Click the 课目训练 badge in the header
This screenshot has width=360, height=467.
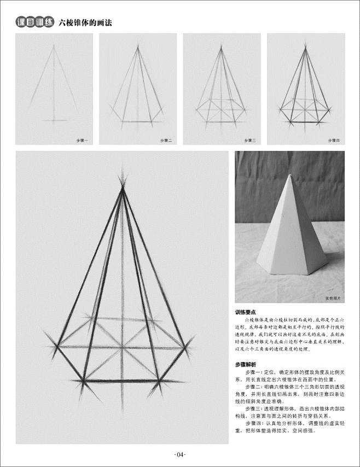[35, 23]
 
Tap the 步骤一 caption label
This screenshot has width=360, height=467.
[82, 141]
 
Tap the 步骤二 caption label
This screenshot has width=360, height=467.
[166, 141]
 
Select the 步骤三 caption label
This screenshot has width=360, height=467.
[250, 141]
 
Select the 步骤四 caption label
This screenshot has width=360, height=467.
[334, 141]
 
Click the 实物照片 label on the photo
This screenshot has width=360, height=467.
[333, 299]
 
